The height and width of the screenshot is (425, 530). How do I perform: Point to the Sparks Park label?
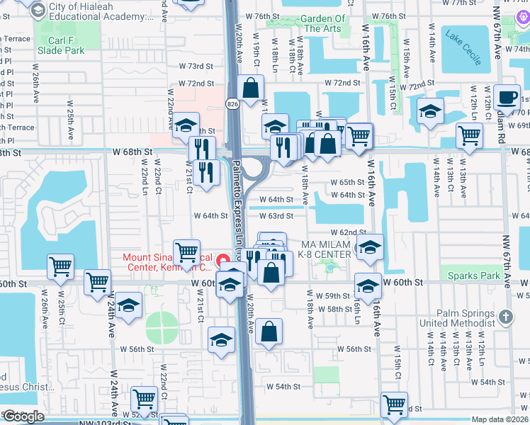pos(469,274)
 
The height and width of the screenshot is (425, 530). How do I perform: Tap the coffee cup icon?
pos(507,98)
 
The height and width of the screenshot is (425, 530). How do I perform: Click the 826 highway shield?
pos(232,104)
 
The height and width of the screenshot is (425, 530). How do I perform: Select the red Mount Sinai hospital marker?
pos(226,259)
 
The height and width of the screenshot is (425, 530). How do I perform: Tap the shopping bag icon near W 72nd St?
pos(251,89)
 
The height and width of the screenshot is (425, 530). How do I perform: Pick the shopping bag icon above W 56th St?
pos(269,331)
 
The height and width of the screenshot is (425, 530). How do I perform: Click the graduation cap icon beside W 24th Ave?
pos(128,306)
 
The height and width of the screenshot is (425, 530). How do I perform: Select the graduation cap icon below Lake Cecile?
pos(430,111)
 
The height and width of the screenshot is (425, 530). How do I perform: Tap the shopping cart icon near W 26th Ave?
pos(61,267)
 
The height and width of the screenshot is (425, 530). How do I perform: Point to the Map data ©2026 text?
pos(500,419)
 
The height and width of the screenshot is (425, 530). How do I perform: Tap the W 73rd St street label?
pos(196,66)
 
